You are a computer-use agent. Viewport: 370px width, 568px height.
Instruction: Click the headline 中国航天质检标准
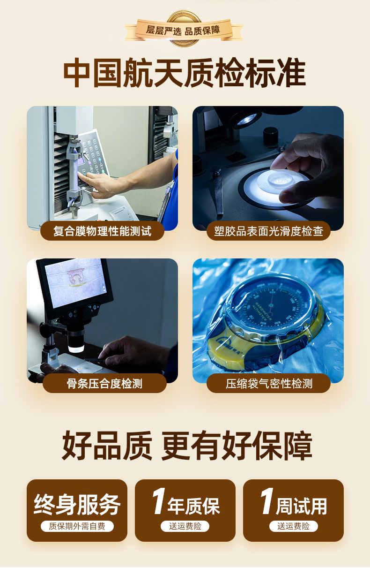pos(185,74)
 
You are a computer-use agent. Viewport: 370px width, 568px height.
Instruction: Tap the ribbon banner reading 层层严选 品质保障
pos(183,30)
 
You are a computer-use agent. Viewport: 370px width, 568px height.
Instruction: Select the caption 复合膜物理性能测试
pos(102,231)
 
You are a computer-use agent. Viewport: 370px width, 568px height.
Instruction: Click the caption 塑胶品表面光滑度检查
pos(268,231)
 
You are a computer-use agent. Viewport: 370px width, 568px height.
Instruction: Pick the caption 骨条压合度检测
pos(104,383)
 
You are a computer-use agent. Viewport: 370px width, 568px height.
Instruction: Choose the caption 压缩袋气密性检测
pos(268,383)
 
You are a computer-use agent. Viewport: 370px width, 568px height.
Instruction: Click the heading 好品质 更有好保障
pos(186,446)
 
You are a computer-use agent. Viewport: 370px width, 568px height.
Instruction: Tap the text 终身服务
pos(77,505)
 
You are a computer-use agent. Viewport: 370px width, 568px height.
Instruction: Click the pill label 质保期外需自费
pos(77,526)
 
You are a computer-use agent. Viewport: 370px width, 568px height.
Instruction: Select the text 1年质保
pos(185,504)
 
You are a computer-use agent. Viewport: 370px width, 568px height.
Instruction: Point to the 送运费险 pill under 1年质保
pos(185,526)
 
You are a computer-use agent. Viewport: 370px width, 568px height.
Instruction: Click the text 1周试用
pos(293,504)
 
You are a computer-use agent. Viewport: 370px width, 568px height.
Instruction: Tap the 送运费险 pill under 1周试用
pos(293,526)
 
